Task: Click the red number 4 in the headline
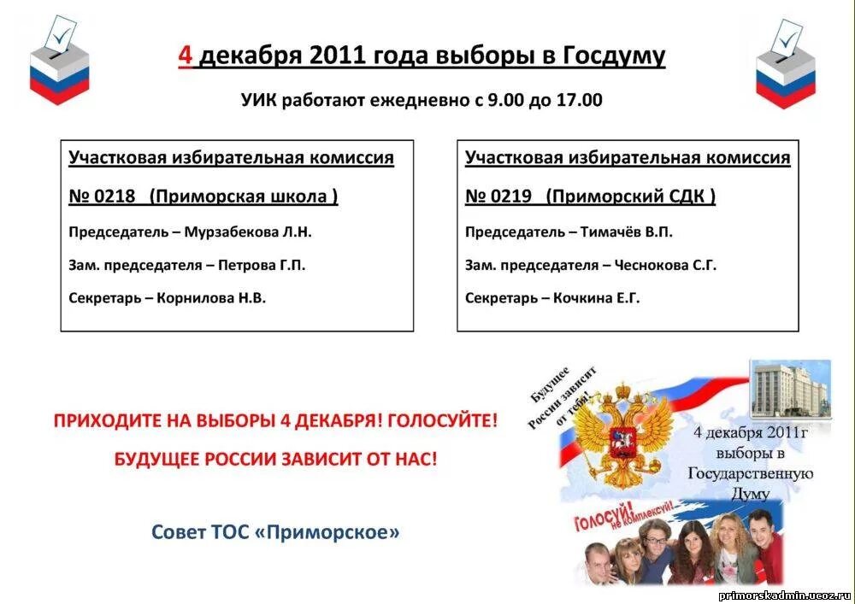click(x=186, y=56)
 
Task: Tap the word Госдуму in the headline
click(x=613, y=56)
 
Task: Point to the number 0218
click(x=115, y=196)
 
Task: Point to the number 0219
click(x=510, y=196)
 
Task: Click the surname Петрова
click(x=248, y=265)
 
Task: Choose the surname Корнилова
click(x=196, y=298)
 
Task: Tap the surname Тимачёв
click(x=612, y=232)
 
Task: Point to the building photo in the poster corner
click(x=790, y=390)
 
